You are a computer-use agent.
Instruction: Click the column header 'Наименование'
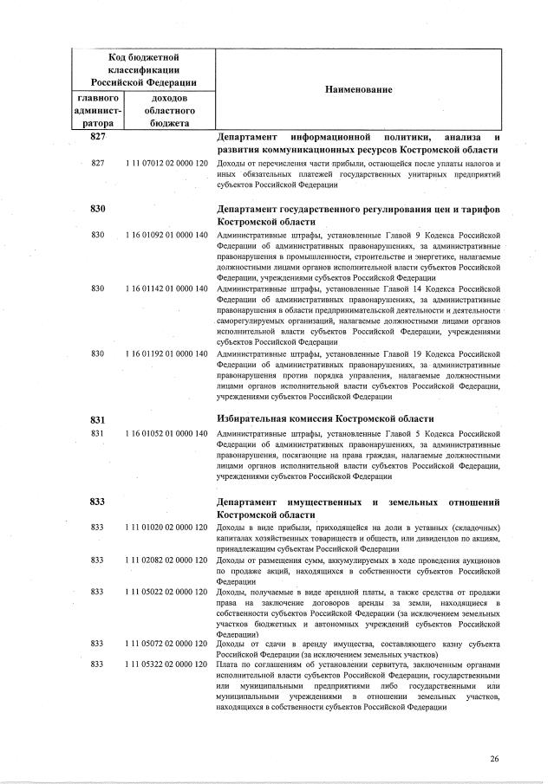[x=359, y=90]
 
